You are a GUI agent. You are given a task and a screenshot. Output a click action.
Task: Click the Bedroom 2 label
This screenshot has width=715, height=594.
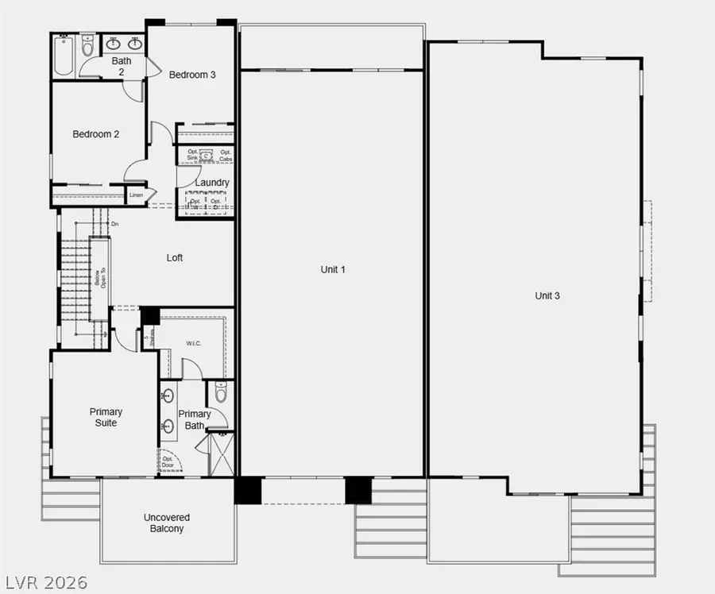96,134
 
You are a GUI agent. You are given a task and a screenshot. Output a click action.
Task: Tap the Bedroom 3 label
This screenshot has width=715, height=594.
192,75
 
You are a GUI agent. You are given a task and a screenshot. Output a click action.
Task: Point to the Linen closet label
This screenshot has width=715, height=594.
136,195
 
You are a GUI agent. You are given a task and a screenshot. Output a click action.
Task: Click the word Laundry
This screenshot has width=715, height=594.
212,183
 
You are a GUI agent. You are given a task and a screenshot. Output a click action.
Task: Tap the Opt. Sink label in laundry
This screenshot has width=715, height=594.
193,156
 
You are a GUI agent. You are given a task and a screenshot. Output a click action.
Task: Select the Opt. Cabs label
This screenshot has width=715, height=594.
226,156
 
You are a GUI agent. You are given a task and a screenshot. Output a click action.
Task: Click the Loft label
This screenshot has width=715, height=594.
175,258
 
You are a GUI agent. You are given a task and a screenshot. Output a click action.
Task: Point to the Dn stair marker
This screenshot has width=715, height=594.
115,225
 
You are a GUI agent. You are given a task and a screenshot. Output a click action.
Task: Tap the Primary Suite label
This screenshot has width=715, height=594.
106,417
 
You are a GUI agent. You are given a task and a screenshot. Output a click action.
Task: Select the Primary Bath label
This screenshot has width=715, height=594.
195,419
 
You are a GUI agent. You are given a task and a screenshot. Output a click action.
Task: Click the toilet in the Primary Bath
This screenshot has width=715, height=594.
222,391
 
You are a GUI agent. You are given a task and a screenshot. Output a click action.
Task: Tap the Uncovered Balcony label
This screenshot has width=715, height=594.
167,523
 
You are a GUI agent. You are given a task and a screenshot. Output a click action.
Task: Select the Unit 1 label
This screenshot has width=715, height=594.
333,270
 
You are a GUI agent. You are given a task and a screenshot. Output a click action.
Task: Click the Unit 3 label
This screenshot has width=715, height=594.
547,296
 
